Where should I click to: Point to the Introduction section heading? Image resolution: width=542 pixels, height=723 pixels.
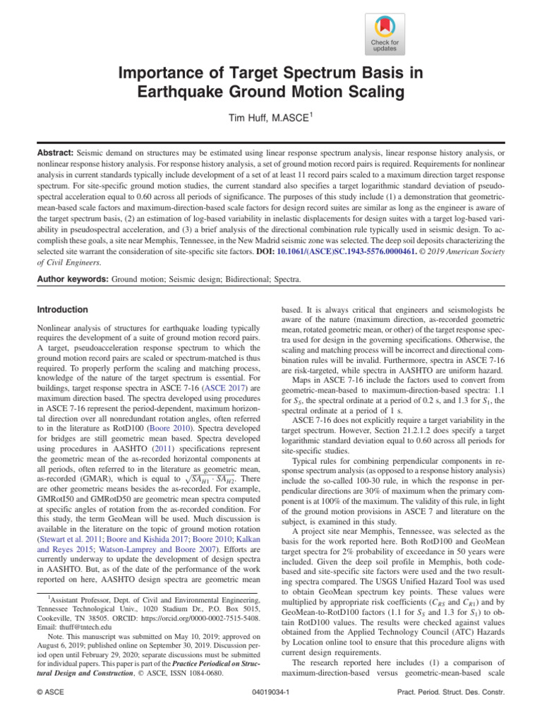[x=63, y=309]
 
